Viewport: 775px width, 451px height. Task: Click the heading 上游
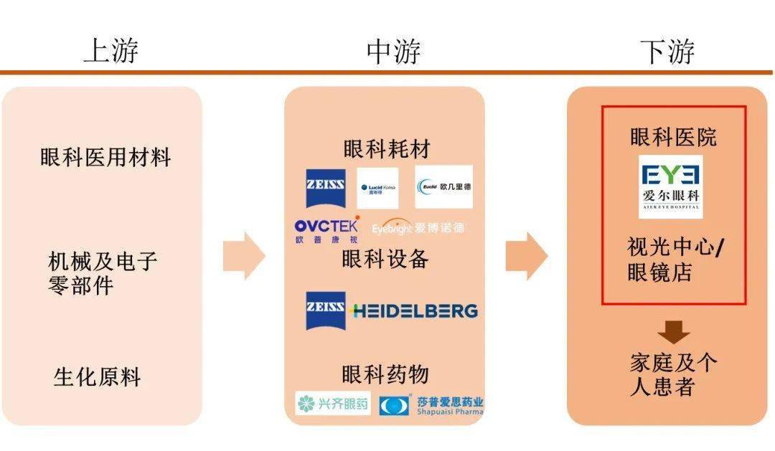click(x=111, y=51)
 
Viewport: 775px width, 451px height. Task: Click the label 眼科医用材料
click(x=105, y=157)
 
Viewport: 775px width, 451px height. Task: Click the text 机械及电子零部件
click(x=102, y=273)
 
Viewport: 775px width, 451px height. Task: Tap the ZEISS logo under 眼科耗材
click(x=325, y=189)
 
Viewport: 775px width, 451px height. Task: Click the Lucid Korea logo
click(x=377, y=187)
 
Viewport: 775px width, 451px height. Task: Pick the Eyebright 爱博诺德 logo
click(x=418, y=228)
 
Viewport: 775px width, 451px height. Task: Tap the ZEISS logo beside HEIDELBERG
click(x=325, y=310)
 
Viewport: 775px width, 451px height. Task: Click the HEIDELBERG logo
click(x=415, y=310)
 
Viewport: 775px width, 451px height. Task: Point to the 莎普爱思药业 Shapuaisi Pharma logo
click(x=431, y=405)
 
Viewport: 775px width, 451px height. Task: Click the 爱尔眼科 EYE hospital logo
click(x=671, y=186)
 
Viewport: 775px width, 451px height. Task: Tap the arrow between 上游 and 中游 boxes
click(x=245, y=256)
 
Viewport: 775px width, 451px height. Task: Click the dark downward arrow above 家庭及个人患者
click(x=673, y=333)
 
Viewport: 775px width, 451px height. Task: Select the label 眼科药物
click(x=385, y=374)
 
